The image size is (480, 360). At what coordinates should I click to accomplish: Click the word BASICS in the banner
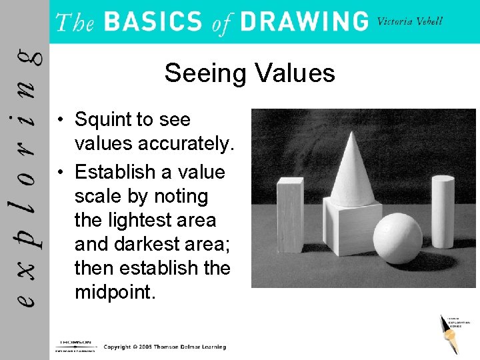[153, 22]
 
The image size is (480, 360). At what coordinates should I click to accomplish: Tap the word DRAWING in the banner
[303, 22]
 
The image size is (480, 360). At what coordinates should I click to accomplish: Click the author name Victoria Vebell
[409, 21]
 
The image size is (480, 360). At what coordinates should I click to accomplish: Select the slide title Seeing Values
[249, 73]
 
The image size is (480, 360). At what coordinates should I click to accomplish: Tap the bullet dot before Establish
[60, 173]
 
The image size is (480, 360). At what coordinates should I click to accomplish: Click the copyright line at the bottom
[165, 347]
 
